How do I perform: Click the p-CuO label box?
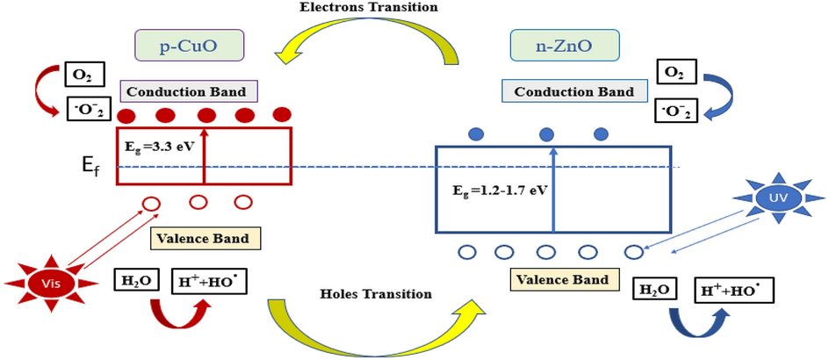(x=189, y=45)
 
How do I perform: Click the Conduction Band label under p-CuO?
(x=189, y=91)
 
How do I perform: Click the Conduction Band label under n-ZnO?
(x=573, y=91)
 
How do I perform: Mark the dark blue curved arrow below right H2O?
(x=694, y=328)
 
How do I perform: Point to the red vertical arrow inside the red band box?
(x=204, y=155)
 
